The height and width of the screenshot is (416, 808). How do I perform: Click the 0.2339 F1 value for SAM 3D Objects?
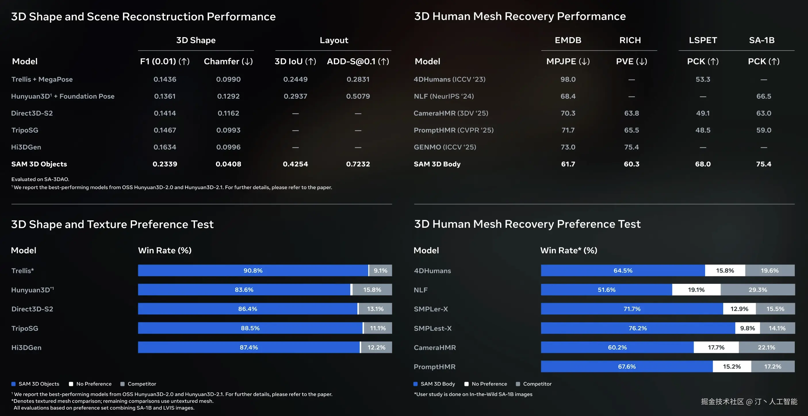pos(165,164)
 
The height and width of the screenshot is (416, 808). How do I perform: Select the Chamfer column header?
pos(228,61)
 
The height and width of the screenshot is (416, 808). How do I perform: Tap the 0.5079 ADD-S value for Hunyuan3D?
pos(358,96)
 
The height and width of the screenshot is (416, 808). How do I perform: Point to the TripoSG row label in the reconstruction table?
pos(25,130)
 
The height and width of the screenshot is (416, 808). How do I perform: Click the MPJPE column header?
pos(568,61)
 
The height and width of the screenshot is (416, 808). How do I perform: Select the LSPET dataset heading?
pos(702,40)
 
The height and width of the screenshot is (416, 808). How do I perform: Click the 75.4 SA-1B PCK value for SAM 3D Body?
pos(763,164)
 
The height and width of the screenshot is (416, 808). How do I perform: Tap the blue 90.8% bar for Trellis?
pos(253,271)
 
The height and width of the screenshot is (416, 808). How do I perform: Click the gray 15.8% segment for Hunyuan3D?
pos(372,290)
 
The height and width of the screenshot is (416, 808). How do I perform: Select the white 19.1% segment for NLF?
pos(696,290)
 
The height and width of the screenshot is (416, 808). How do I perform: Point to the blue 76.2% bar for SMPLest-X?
pos(637,328)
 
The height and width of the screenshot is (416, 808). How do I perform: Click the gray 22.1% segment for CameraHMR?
pos(766,347)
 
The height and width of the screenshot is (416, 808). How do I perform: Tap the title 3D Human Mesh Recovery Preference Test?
pos(527,224)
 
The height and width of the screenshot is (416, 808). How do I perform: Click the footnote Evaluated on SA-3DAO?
pos(40,179)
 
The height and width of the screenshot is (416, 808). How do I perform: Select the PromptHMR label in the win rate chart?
pos(434,367)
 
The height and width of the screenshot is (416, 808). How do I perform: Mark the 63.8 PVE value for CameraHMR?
pos(631,113)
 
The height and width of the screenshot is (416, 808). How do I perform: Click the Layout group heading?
pos(334,40)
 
